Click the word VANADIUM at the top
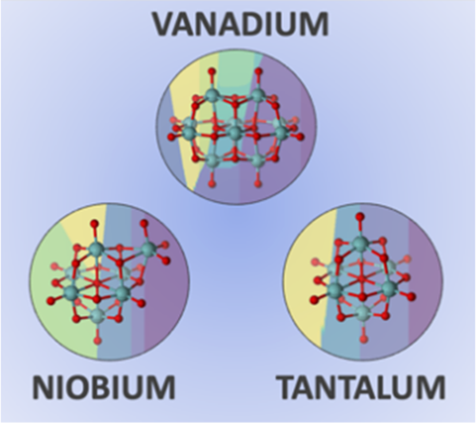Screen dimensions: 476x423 (241, 25)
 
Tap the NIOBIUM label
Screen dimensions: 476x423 (104, 388)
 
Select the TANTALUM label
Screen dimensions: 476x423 (362, 388)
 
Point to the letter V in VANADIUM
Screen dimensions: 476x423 (166, 25)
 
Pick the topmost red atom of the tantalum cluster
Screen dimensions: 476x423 (360, 217)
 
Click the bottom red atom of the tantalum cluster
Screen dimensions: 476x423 (364, 339)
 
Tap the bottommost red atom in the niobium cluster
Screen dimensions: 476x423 (98, 341)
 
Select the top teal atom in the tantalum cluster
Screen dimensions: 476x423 (361, 244)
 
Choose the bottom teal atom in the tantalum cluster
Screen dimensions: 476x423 (364, 313)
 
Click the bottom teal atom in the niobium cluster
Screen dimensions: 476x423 (98, 315)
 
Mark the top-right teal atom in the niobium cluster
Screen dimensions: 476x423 (148, 249)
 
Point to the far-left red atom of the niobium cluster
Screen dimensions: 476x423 (50, 300)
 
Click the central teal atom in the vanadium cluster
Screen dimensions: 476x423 (235, 133)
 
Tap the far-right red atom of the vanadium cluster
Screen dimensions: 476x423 (300, 137)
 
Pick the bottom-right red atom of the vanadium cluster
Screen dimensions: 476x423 (258, 183)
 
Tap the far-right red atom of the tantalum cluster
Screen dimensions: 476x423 (411, 296)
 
